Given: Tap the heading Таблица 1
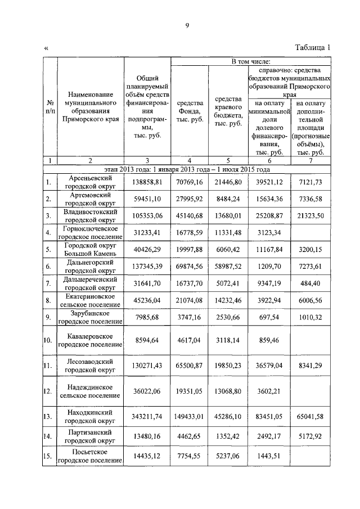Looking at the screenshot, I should [312, 48].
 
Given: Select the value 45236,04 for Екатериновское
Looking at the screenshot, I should [146, 301].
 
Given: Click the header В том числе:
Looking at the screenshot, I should [250, 60].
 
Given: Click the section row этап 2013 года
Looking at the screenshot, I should [187, 169].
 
